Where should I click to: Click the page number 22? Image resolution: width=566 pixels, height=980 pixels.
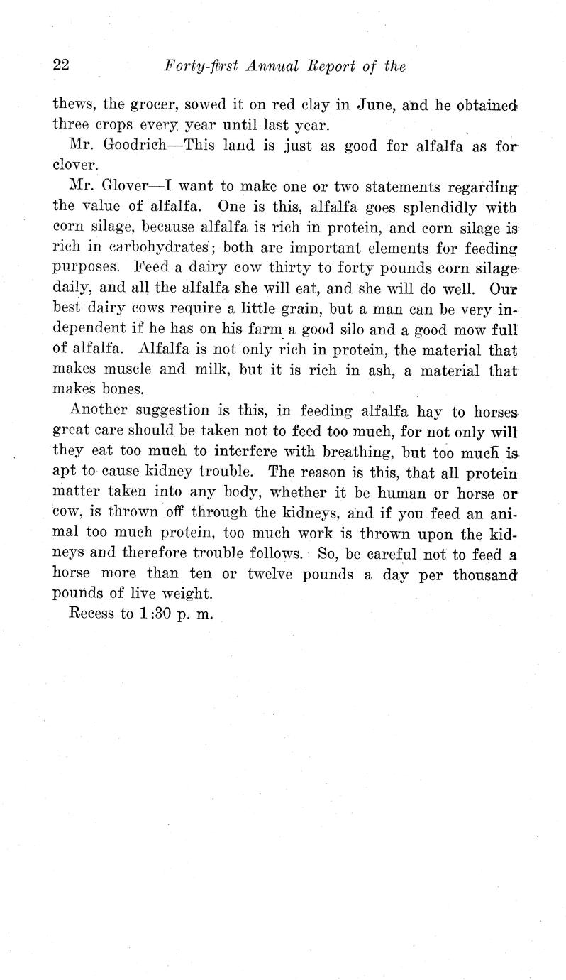tap(60, 66)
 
